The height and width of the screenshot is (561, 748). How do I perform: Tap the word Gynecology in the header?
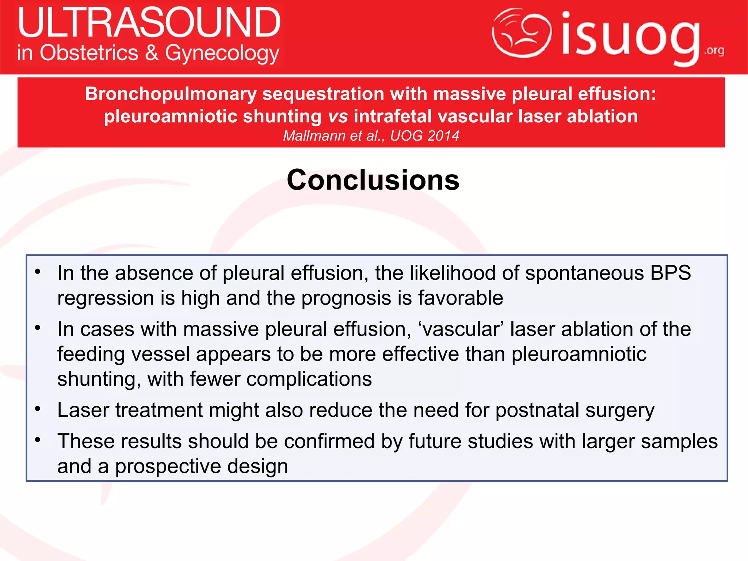pos(222,54)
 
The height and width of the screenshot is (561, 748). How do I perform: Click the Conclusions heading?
pos(373,180)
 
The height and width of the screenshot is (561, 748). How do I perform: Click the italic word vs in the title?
pos(338,117)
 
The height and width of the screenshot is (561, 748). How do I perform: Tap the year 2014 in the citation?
pos(443,136)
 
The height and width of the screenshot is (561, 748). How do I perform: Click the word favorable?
pos(461,298)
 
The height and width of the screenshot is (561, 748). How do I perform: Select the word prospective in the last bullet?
pos(168,466)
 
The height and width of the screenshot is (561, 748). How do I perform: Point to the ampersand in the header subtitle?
pos(152,53)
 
